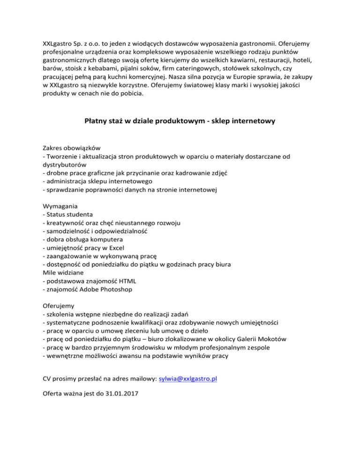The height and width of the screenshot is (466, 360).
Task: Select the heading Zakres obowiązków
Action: [72, 147]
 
